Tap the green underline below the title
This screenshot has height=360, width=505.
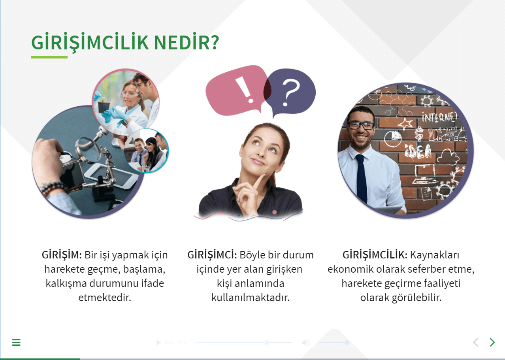click(49, 57)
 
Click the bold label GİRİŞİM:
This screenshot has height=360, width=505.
click(62, 255)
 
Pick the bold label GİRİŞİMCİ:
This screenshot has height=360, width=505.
click(212, 255)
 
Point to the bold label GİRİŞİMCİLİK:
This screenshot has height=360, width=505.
click(375, 255)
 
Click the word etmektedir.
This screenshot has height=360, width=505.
click(105, 297)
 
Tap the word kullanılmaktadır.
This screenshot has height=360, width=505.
click(251, 297)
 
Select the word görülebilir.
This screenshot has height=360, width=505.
click(416, 298)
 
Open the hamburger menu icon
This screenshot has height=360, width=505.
click(16, 342)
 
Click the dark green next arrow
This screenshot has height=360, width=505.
click(492, 342)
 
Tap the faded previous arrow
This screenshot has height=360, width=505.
click(476, 342)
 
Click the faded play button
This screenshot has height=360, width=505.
click(158, 343)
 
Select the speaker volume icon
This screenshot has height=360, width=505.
click(306, 343)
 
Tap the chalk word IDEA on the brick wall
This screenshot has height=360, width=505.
click(418, 151)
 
